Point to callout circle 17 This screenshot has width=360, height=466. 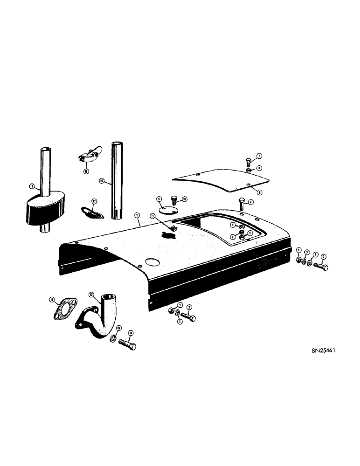pos(94,202)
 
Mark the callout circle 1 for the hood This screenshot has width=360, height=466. pos(137,216)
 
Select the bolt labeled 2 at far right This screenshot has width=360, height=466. pos(321,267)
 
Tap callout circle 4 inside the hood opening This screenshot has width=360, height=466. pos(232,226)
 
